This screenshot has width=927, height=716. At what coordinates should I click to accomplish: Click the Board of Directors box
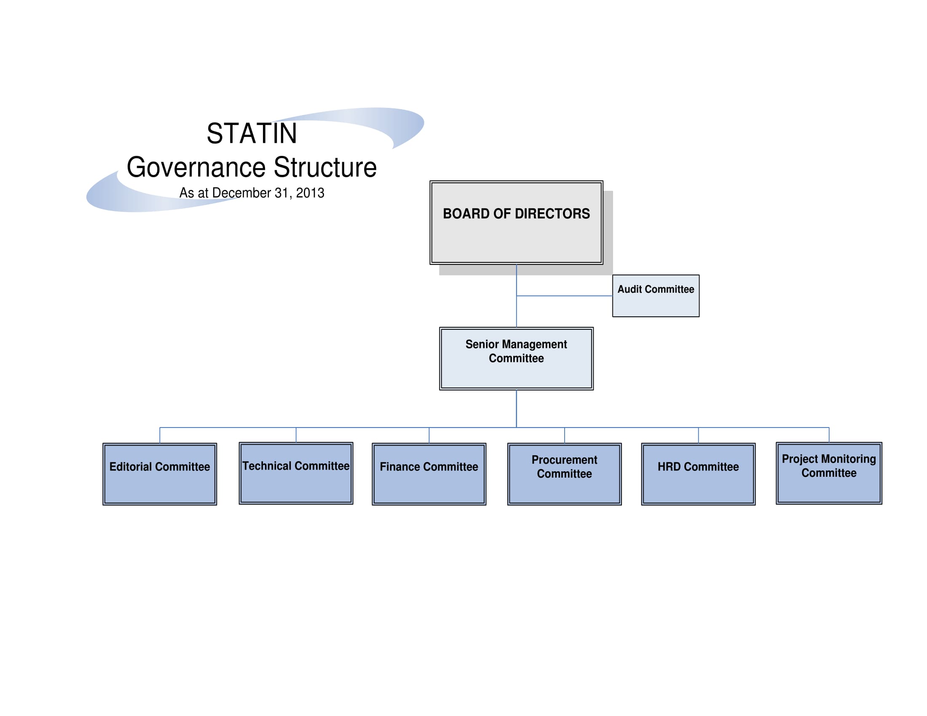click(x=516, y=222)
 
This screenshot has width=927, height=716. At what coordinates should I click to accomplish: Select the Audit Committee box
click(x=656, y=296)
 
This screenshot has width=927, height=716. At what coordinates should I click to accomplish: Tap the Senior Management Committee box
click(x=516, y=358)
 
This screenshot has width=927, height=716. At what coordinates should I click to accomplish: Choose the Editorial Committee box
click(x=160, y=474)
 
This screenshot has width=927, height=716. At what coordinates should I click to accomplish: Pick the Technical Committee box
click(x=296, y=473)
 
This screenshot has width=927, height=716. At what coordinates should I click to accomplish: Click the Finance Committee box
click(x=429, y=474)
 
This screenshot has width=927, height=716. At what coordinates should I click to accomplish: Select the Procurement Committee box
click(x=564, y=474)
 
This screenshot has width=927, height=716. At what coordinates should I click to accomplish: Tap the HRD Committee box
click(x=698, y=474)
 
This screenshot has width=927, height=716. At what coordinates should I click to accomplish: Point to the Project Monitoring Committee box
click(x=829, y=473)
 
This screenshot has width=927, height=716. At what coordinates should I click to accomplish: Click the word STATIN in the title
click(x=252, y=133)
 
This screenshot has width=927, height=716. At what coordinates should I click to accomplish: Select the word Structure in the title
click(x=325, y=167)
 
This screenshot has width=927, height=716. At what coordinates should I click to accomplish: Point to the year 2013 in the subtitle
click(x=310, y=193)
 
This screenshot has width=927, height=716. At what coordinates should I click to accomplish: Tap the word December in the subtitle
click(x=241, y=193)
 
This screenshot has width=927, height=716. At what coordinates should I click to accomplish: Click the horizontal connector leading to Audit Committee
click(x=564, y=296)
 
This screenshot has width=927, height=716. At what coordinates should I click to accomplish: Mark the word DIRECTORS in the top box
click(x=552, y=214)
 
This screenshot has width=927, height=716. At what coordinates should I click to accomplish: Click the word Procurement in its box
click(x=564, y=460)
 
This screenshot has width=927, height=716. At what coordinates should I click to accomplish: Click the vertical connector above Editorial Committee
click(x=160, y=435)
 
